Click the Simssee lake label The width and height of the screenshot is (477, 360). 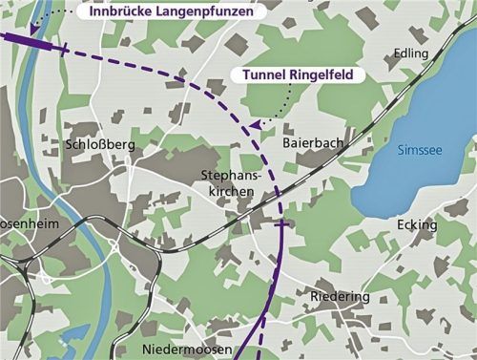click(x=419, y=150)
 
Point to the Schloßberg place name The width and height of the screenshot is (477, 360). click(x=102, y=144)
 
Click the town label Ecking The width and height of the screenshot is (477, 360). click(x=416, y=224)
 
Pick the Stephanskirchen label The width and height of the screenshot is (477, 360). click(x=228, y=183)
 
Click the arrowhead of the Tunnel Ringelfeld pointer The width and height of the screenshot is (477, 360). click(x=253, y=124)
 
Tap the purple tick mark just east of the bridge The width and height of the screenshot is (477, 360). click(x=65, y=48)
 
